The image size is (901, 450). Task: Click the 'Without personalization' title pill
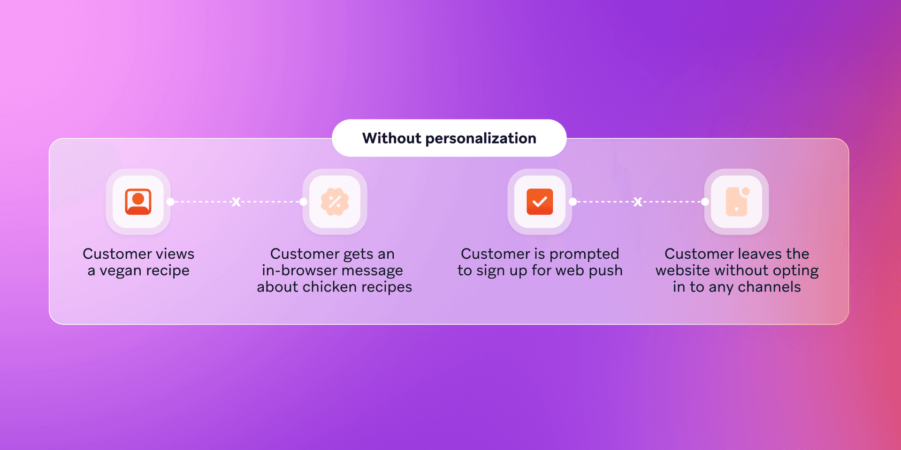click(x=449, y=138)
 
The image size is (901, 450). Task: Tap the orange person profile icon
click(x=138, y=202)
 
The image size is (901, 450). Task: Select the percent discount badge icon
click(x=335, y=202)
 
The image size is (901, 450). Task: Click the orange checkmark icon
click(x=540, y=202)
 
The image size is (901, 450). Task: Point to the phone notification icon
click(x=737, y=202)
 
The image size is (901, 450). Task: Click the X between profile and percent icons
click(x=236, y=202)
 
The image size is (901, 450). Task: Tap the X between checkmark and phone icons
click(x=638, y=202)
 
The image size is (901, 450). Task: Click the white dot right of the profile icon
click(x=170, y=202)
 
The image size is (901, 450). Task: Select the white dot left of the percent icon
click(x=303, y=202)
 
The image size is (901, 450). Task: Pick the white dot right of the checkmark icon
click(x=573, y=202)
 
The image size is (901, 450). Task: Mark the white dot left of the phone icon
click(x=705, y=202)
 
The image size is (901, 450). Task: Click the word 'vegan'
click(x=121, y=271)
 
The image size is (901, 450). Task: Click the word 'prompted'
click(x=584, y=254)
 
